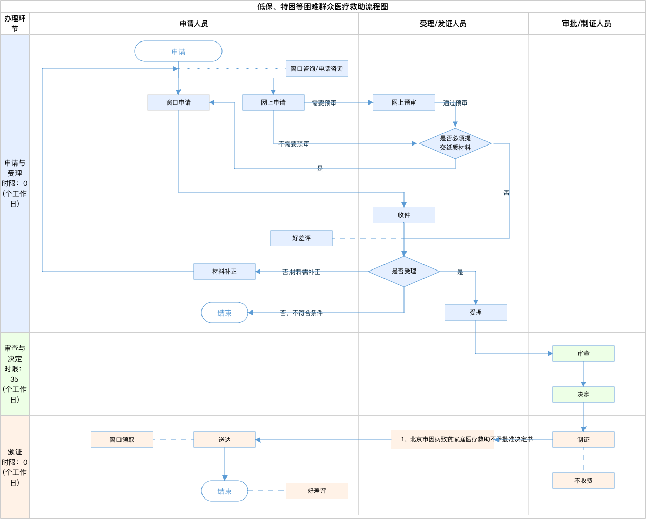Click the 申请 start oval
click(178, 51)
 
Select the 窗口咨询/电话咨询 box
click(317, 69)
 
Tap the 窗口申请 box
click(178, 102)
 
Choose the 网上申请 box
click(273, 102)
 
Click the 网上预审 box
click(404, 102)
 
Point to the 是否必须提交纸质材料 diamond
click(455, 143)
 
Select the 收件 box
click(404, 215)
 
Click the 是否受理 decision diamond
click(404, 272)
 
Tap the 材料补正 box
click(225, 272)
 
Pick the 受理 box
click(476, 313)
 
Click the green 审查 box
click(583, 354)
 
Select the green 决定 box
click(583, 395)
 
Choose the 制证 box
click(583, 440)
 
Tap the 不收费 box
click(583, 481)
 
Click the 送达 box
click(225, 440)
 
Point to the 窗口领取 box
click(122, 440)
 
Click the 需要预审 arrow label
click(324, 103)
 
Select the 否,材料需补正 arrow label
click(301, 272)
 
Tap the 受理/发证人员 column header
click(443, 24)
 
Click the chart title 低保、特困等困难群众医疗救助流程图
click(322, 7)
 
